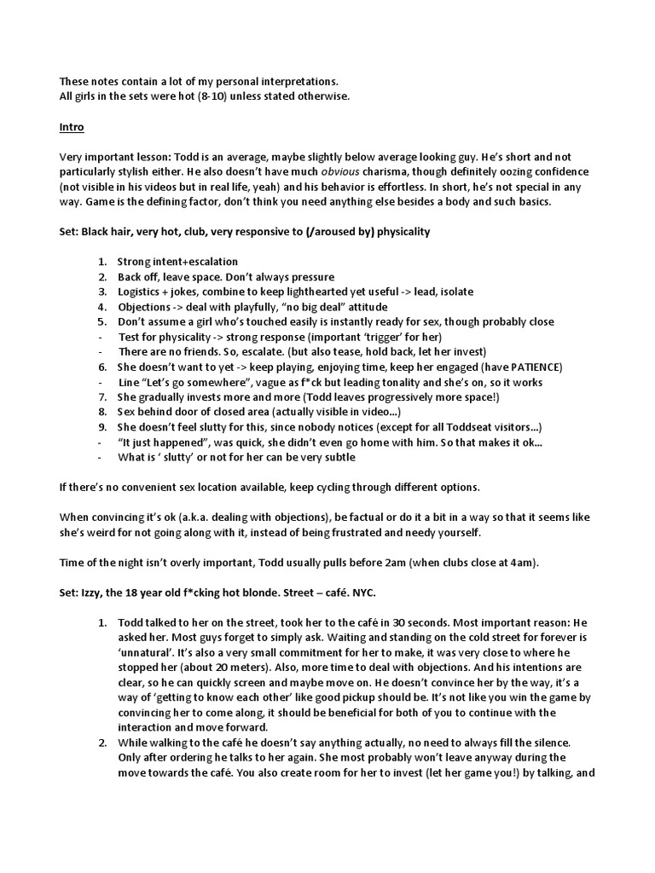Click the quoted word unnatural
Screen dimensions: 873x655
(x=144, y=652)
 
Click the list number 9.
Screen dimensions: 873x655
(x=102, y=426)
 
